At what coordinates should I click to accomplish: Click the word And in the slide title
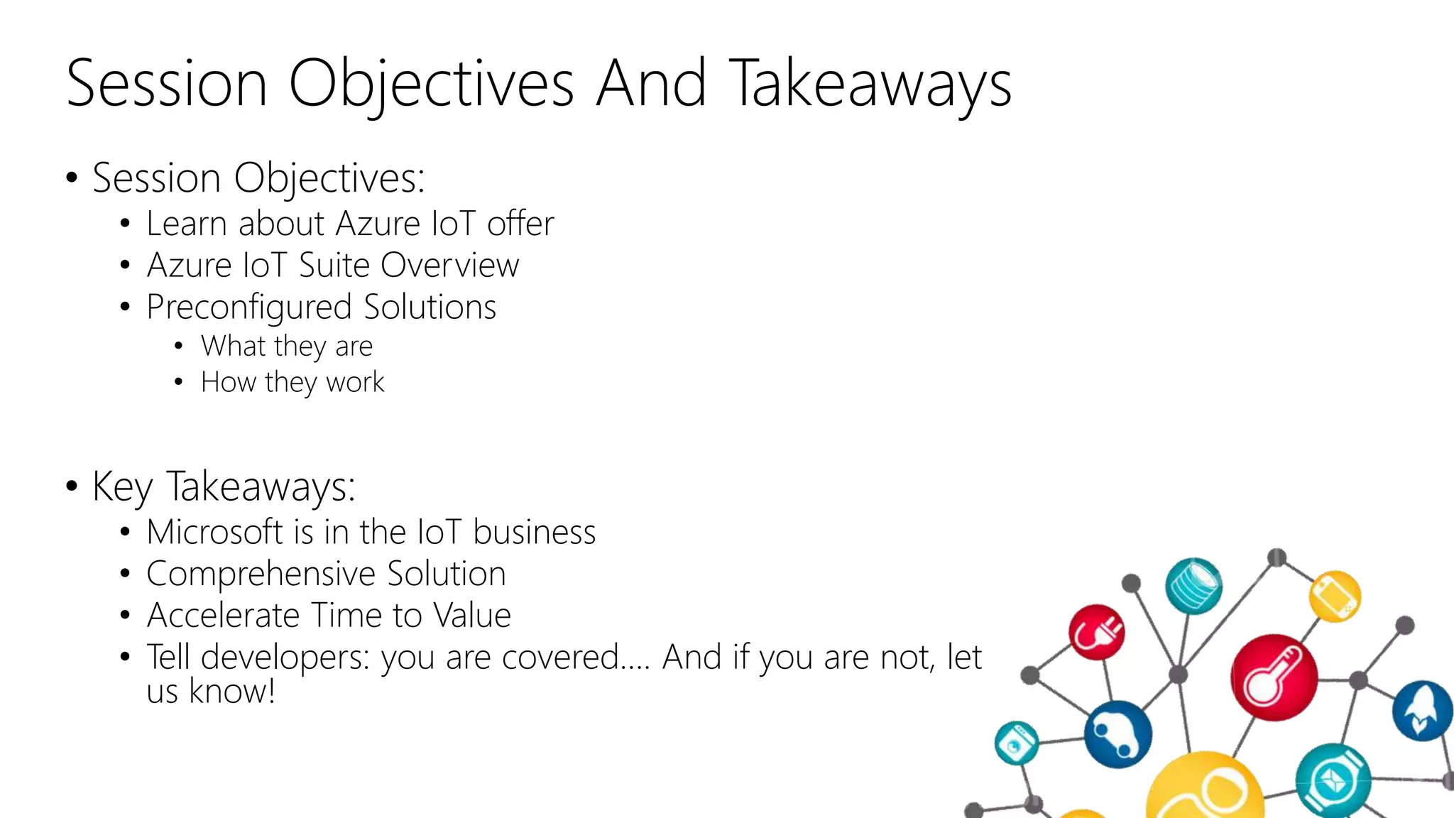coord(651,84)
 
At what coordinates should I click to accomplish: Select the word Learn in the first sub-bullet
coord(186,224)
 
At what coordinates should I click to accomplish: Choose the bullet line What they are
coord(286,347)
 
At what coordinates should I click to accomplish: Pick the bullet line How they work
coord(293,383)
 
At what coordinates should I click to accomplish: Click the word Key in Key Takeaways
coord(122,487)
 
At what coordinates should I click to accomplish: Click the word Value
coord(472,616)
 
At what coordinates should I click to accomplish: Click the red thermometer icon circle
coord(1274,677)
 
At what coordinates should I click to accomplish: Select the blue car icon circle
coord(1117,734)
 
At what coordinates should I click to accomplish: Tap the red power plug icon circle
coord(1096,631)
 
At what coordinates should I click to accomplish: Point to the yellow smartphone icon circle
coord(1335,596)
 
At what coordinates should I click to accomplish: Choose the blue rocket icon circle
coord(1422,711)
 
